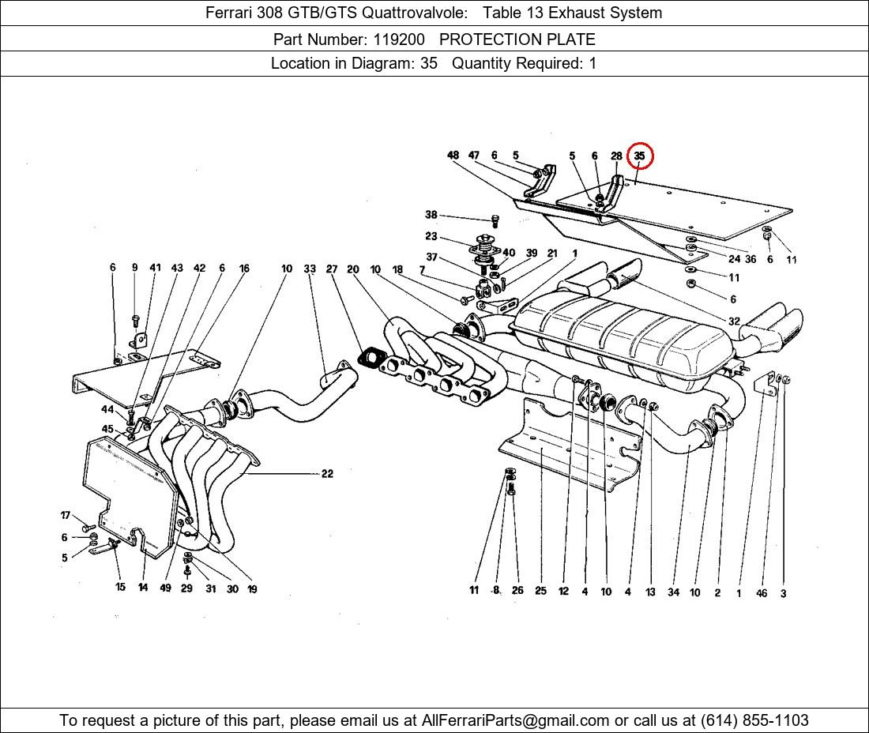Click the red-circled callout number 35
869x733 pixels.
639,156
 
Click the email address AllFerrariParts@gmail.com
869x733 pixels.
516,720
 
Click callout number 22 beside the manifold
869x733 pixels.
327,474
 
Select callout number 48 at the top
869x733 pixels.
453,156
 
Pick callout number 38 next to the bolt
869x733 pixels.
431,215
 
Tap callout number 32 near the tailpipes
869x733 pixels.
734,321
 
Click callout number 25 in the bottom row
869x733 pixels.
540,591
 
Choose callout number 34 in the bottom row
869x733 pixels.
673,592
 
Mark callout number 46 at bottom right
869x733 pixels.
762,593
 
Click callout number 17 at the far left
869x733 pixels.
66,516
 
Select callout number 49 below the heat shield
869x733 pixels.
165,588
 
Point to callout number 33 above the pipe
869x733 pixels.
310,269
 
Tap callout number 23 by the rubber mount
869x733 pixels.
431,236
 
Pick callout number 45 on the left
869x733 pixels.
107,429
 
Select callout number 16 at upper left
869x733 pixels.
244,269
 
